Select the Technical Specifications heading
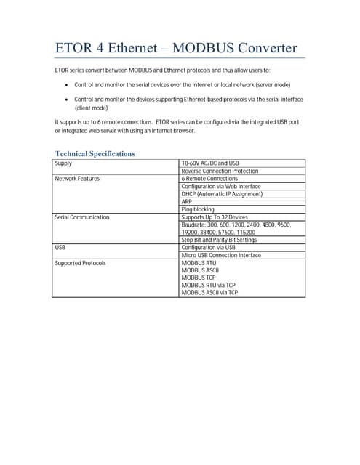[x=95, y=153]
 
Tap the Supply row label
[x=64, y=163]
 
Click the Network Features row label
[x=77, y=179]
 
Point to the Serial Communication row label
[x=82, y=217]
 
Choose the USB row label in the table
[x=60, y=248]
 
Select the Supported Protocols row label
[x=80, y=263]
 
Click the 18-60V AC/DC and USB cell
[x=210, y=163]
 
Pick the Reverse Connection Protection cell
[x=220, y=171]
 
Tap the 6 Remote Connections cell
[x=209, y=179]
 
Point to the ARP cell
[x=186, y=202]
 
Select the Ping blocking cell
[x=198, y=209]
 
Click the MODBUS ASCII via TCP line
[x=209, y=292]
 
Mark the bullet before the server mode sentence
[x=66, y=85]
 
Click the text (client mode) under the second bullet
[x=92, y=108]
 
